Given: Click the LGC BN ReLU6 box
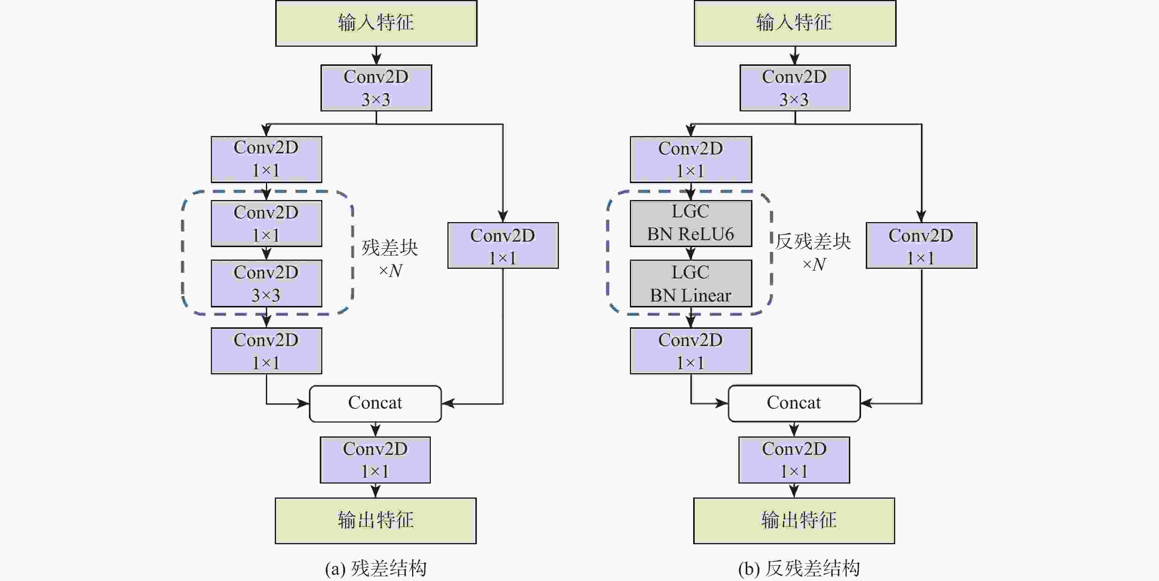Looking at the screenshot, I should coord(690,223).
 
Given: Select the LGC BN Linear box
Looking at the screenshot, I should coord(690,283).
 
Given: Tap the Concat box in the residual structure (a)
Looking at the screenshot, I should coord(375,403).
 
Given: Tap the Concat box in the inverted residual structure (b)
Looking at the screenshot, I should coord(794,403).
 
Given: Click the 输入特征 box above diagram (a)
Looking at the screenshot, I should coord(376,23).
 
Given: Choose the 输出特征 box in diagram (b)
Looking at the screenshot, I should coord(794,520).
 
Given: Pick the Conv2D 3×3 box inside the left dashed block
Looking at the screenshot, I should coord(266,283).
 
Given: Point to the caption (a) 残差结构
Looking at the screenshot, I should coord(376,568).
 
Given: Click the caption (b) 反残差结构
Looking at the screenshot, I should coord(799,568).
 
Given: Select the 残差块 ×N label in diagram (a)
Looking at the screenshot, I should coord(390,259).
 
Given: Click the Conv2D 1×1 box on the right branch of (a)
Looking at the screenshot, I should coord(503,246).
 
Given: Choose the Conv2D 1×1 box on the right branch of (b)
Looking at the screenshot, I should coord(921,246).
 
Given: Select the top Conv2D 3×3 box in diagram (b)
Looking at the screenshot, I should coord(795,88).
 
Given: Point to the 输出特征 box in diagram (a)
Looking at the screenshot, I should coord(376,520).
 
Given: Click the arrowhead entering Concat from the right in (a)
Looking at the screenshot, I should coord(448,403).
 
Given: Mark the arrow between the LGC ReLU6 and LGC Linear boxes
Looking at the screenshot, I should coord(691,254).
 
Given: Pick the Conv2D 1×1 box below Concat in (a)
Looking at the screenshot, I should coord(375,460).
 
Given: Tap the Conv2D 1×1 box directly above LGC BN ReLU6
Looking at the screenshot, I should coord(690,159).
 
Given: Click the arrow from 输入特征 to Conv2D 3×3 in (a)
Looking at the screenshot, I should coord(376,56).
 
